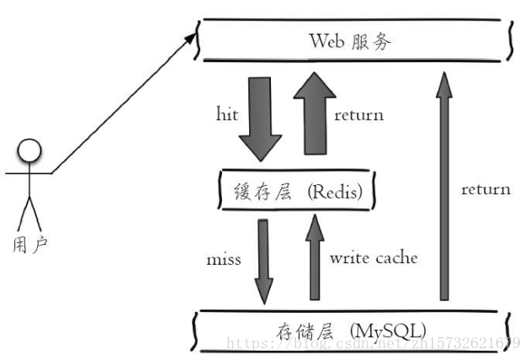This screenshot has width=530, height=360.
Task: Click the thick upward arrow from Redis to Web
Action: [310, 114]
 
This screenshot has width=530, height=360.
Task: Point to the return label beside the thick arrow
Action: [358, 114]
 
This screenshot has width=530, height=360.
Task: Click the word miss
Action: [223, 259]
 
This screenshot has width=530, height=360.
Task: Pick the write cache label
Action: [373, 258]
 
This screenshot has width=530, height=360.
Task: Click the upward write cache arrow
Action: [315, 257]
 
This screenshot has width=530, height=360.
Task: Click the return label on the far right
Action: [485, 189]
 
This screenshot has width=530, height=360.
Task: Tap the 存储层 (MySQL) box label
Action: [351, 327]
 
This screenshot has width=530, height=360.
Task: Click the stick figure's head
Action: [30, 151]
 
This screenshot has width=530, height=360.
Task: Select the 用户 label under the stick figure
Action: [31, 245]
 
